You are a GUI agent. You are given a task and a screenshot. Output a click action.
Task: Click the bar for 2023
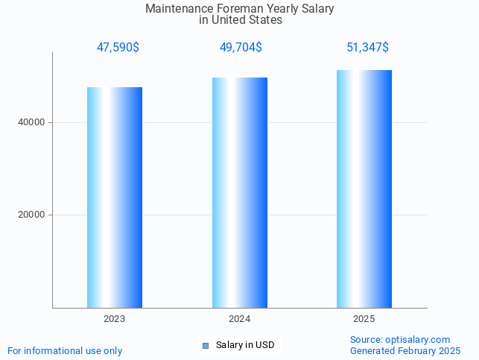115,198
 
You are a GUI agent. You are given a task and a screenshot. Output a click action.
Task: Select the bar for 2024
240,192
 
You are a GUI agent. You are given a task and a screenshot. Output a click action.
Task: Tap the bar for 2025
364,189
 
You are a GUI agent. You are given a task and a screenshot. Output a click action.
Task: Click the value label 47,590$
118,48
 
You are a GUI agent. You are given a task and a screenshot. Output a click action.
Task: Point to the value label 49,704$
241,48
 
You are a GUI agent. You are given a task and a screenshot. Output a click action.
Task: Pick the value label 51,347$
367,48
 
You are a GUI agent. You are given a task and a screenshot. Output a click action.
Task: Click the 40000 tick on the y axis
32,122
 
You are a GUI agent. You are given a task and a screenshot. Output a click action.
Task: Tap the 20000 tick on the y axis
32,215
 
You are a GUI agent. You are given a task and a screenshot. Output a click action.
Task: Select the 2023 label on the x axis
115,319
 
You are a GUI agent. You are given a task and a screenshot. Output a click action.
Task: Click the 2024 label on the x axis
240,319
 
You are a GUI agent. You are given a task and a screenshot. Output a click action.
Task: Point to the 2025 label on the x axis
364,319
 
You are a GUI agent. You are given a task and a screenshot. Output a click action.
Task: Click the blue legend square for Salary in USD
206,345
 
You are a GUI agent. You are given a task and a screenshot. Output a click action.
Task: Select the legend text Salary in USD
245,345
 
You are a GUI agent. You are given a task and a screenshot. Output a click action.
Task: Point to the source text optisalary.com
417,340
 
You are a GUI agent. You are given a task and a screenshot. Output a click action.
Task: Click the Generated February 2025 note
405,351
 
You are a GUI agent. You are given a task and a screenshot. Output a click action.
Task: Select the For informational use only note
65,351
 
